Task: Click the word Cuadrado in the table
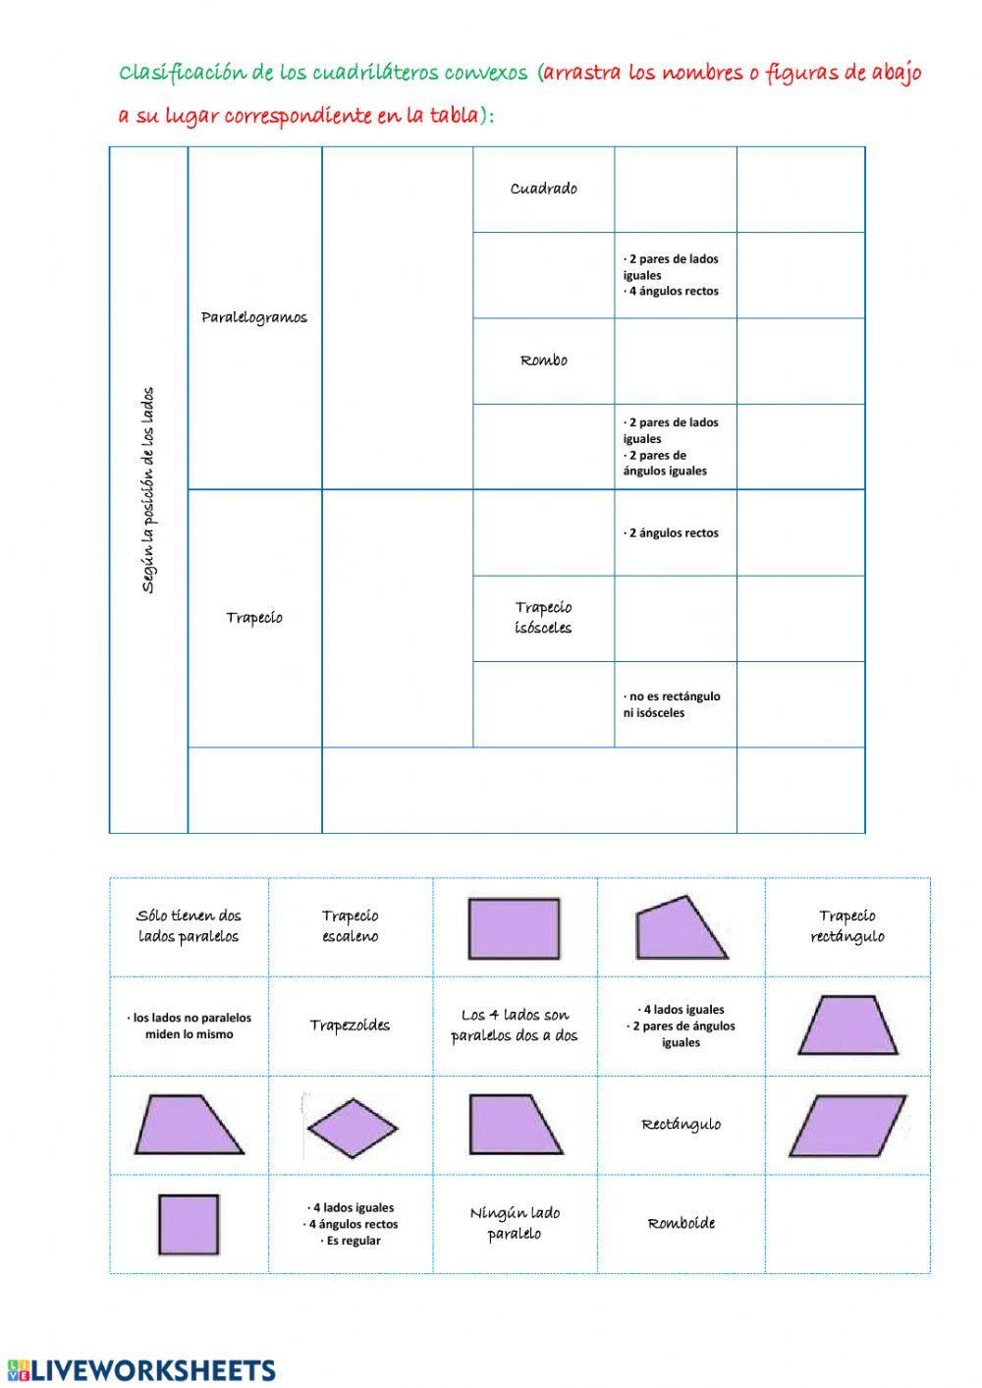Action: coord(543,189)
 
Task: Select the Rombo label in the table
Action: coord(543,360)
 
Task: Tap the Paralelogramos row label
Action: coord(254,317)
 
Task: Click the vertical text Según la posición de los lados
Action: coord(148,490)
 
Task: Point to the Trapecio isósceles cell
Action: coord(543,617)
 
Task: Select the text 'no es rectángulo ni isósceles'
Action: coord(672,704)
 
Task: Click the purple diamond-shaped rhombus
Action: coord(353,1128)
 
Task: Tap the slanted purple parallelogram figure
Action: coord(847,1126)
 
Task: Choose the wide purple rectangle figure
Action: coord(514,929)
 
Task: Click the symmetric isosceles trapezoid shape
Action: coord(847,1025)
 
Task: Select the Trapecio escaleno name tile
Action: coord(350,925)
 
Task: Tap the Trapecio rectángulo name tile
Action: coord(847,925)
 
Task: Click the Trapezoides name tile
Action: coord(350,1026)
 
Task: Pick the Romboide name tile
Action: coord(681,1223)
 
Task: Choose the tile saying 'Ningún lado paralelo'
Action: coord(515,1223)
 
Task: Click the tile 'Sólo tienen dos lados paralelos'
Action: coord(189,925)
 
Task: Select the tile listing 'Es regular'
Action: coord(350,1224)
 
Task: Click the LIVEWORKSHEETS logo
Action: coord(141,1370)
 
